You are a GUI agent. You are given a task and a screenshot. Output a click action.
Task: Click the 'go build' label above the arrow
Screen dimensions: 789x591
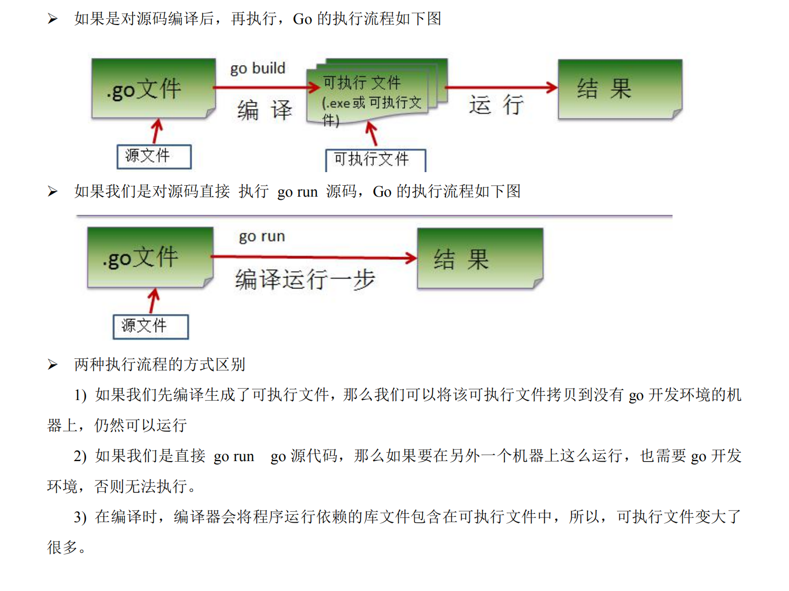tap(257, 68)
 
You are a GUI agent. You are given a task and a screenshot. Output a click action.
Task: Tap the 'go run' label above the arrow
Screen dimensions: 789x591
tap(262, 237)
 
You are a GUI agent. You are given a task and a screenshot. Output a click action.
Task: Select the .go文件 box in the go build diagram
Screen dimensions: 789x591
tap(153, 88)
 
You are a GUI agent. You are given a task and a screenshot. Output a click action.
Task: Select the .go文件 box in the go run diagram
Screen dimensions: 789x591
tap(150, 257)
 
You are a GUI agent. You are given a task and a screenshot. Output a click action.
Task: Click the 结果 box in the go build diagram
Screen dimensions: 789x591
tap(620, 89)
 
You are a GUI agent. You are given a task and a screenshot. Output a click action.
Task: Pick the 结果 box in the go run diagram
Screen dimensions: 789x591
tap(480, 258)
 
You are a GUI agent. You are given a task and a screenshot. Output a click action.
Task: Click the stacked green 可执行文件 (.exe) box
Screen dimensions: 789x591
tap(373, 94)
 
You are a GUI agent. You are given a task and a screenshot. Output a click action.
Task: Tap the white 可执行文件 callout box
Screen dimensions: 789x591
tap(375, 160)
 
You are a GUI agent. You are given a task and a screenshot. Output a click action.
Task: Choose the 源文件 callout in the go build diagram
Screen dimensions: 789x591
tap(154, 156)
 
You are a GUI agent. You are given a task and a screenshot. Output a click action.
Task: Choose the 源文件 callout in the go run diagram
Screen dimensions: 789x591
tap(150, 327)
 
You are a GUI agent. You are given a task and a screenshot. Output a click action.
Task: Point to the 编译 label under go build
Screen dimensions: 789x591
tap(264, 110)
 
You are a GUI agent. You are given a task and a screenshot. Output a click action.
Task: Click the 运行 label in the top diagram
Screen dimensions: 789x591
tap(496, 105)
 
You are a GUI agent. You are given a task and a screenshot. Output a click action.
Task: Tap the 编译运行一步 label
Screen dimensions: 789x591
tap(305, 279)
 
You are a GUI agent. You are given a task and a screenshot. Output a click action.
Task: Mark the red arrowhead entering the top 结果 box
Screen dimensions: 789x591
tap(552, 87)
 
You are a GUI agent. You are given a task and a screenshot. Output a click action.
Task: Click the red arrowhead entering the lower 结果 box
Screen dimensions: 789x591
tap(411, 257)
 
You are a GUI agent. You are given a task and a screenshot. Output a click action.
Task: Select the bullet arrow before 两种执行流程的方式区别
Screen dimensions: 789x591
tap(53, 365)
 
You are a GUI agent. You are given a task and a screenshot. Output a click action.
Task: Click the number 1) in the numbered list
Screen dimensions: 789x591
tap(80, 395)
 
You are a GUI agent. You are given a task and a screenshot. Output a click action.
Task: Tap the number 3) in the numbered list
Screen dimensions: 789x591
tap(80, 517)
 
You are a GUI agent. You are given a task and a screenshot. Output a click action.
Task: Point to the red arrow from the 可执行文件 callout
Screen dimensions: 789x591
tap(372, 134)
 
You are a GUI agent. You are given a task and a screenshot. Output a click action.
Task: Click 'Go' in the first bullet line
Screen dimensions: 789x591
tap(302, 19)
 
